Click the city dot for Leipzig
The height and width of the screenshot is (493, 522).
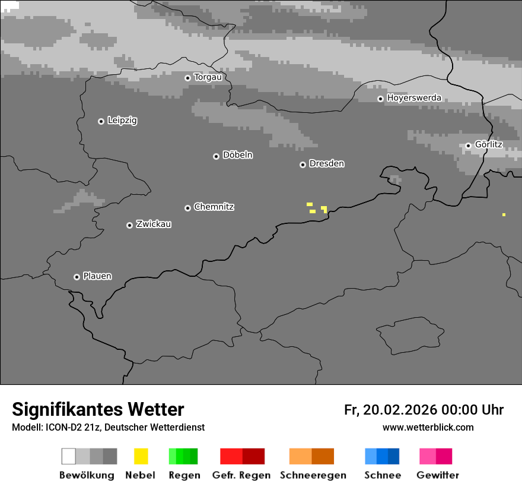[x=101, y=121]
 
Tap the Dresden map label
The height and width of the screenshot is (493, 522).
[x=326, y=163]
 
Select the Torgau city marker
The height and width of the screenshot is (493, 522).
[x=187, y=78]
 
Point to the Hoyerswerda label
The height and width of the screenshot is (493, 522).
[x=414, y=97]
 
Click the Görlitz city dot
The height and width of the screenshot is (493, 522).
[x=468, y=146]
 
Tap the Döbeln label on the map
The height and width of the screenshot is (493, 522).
[x=237, y=155]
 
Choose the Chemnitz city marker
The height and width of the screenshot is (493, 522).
[x=187, y=208]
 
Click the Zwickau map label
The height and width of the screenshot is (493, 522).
[x=154, y=224]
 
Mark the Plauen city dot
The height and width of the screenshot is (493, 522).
[x=77, y=277]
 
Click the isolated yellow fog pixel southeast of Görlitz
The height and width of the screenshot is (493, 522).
[x=504, y=214]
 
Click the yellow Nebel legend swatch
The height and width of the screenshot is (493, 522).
[x=141, y=456]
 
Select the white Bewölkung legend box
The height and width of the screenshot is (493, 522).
[x=69, y=456]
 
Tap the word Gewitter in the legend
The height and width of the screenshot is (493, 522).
[x=438, y=475]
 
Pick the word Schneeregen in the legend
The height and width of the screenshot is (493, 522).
[x=313, y=475]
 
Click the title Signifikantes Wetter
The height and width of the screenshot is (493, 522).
[x=98, y=409]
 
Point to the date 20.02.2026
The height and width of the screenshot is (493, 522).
[x=400, y=410]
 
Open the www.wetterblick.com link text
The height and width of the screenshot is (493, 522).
[x=428, y=427]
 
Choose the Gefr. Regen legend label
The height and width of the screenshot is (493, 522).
[x=241, y=475]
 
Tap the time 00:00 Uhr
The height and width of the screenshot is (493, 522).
[x=472, y=410]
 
